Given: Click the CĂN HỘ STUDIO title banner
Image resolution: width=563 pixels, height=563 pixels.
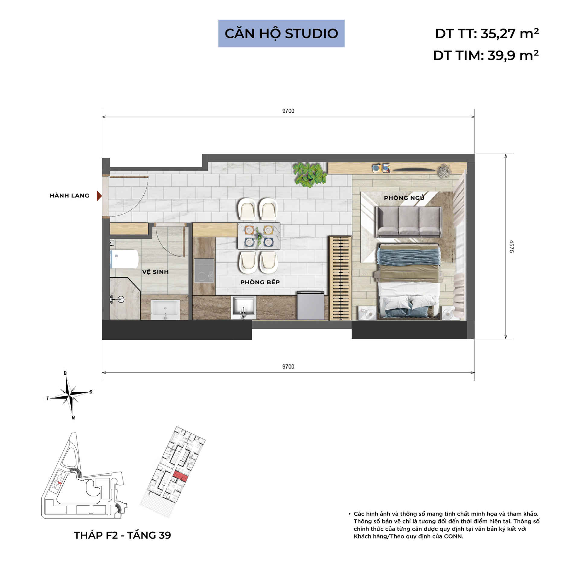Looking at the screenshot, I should pos(281,34).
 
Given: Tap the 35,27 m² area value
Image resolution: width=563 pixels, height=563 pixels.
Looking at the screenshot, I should pos(509,34).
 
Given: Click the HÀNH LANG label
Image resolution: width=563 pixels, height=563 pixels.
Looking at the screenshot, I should pos(69,196).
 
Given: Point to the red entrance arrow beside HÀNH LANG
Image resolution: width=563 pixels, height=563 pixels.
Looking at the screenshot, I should pos(99,196).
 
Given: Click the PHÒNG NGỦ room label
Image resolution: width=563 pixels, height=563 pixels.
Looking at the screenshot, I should pos(404,198).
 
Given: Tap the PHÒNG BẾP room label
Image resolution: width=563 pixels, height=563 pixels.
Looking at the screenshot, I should pos(260,282).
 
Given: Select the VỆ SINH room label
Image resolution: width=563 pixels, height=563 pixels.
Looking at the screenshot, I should pos(155,272).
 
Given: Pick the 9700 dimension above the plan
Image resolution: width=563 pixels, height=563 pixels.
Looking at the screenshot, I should pos(288,111).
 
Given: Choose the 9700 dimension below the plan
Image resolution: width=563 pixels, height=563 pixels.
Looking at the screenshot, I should pos(288,366).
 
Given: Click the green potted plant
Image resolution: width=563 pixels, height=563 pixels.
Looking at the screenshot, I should pos(309,174).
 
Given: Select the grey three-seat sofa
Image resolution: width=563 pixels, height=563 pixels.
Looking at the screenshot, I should pos(409,221).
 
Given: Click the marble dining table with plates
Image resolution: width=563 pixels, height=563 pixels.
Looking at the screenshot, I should pos(259,236).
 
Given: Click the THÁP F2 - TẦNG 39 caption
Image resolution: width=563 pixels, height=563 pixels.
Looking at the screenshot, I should pos(122,535).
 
